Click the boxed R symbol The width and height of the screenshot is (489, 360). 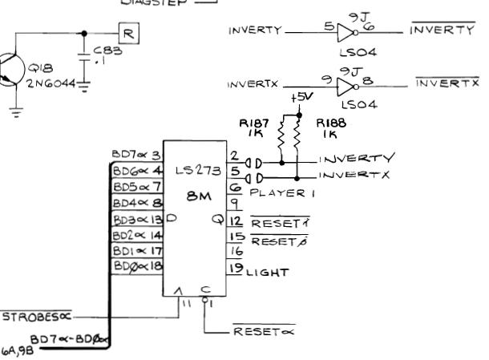click(x=128, y=34)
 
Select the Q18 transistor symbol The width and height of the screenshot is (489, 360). click(x=11, y=70)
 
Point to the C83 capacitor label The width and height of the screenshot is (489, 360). click(x=107, y=51)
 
